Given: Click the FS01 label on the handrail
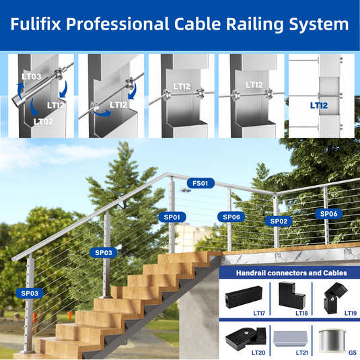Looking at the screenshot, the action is pos(201,183).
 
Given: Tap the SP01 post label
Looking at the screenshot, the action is pos(172,217).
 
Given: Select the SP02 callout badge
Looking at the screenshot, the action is pos(279,221).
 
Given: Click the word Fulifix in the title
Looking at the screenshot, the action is pos(36,24).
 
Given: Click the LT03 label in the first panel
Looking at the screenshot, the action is pos(32,77).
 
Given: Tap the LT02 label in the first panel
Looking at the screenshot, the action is pos(43,121).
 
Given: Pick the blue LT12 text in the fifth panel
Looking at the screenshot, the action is pos(319,106).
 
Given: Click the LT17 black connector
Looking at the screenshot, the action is pos(244,297).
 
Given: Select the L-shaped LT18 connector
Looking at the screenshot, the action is pos(291,295).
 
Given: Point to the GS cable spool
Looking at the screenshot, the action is pos(332,340).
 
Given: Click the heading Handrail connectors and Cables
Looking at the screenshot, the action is pos(291,273).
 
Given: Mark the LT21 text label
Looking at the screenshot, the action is pos(301,353).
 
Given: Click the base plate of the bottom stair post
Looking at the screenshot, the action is pos(28,351).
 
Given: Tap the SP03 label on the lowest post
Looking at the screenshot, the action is pos(30,293).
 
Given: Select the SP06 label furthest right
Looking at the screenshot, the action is pos(329,214).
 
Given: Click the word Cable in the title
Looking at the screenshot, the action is pos(197,24).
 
